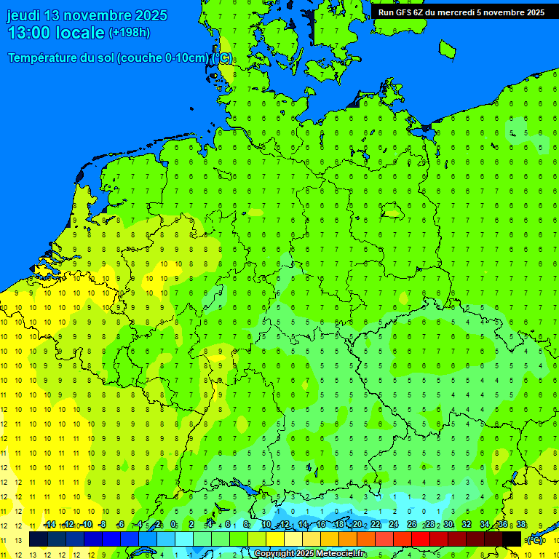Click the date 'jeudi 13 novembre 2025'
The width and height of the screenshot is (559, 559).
[x=87, y=15]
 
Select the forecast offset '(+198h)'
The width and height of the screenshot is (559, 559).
[x=130, y=33]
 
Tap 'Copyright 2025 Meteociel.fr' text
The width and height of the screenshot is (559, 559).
[x=310, y=554]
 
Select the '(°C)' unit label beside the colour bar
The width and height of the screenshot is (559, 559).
[x=534, y=540]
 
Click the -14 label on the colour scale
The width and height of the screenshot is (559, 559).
[x=49, y=525]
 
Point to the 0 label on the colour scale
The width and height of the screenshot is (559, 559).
[x=173, y=525]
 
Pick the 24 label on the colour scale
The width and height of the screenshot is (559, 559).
[x=394, y=525]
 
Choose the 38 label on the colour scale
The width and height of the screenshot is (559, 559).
[x=521, y=525]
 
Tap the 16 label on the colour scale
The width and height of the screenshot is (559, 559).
[x=321, y=525]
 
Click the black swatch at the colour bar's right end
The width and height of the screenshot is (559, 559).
[x=512, y=539]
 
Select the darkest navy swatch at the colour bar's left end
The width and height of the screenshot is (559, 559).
[x=38, y=539]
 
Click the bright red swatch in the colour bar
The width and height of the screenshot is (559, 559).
[x=420, y=539]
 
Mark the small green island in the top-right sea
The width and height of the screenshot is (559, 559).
[x=448, y=49]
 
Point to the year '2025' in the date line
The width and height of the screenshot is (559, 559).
[x=150, y=15]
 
